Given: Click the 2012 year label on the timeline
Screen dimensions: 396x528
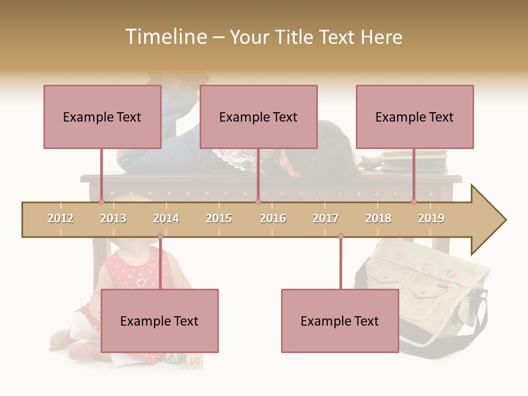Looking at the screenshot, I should click(61, 218).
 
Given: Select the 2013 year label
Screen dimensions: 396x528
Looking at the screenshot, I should click(113, 218).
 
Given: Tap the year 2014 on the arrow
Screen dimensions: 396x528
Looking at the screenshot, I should click(166, 218).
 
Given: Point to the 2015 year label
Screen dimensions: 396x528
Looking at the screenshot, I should click(219, 218).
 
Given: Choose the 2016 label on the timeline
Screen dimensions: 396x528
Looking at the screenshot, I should click(273, 218).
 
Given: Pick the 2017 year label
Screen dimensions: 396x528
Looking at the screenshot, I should click(326, 218).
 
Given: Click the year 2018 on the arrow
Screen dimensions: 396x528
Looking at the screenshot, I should click(378, 218).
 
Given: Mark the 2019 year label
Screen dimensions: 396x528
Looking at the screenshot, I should click(431, 218).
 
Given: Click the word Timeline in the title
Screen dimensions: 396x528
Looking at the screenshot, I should click(165, 37).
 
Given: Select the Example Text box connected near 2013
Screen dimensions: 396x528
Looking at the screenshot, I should click(102, 117).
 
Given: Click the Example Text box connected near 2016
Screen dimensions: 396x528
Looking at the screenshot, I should click(258, 117).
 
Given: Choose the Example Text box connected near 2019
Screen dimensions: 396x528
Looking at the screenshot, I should click(415, 117).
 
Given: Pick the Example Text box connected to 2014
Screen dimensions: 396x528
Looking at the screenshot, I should click(159, 321).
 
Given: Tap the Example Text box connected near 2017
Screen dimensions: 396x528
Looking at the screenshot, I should click(340, 321).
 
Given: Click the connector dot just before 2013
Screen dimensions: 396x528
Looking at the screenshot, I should click(101, 202).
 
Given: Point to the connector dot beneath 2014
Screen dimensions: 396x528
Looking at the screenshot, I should click(160, 237).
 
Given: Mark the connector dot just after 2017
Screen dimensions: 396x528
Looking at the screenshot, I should click(340, 237).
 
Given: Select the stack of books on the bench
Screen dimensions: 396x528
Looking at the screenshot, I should click(415, 161).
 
